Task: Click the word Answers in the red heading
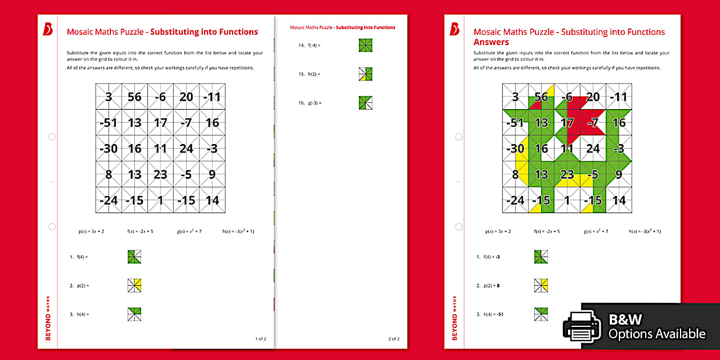491,42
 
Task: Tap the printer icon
582,326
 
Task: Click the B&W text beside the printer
626,319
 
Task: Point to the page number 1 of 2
261,339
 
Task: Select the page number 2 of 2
394,339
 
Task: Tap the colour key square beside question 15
366,74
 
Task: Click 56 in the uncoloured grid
134,97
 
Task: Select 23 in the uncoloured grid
161,175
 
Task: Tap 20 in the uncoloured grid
186,97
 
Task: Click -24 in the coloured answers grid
515,201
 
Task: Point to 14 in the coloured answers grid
619,201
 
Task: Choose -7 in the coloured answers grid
593,123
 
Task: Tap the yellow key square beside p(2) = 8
541,285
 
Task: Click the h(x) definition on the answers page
645,231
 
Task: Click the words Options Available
657,334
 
